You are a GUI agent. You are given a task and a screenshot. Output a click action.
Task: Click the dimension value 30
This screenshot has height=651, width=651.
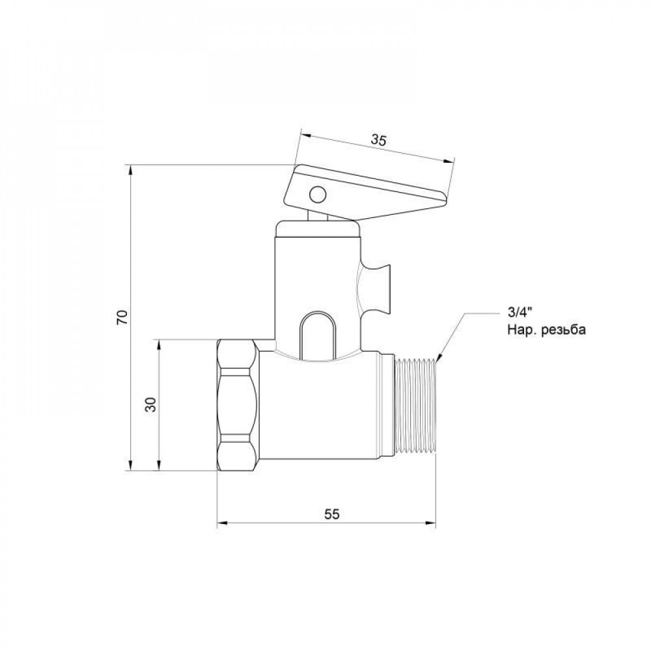click(150, 404)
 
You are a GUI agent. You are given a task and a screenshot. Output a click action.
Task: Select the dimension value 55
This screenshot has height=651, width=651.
click(331, 514)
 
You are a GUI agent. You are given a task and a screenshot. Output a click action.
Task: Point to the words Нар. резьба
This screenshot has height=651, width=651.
click(546, 330)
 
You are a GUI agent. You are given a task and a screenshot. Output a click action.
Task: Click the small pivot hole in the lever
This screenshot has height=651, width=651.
click(317, 194)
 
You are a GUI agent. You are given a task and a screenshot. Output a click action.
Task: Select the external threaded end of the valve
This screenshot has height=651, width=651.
click(417, 404)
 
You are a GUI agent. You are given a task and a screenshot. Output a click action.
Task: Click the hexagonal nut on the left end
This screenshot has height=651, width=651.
click(238, 405)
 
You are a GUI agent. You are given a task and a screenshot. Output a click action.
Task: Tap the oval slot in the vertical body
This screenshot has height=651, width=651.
click(316, 334)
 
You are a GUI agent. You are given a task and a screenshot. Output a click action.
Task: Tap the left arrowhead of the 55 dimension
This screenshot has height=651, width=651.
click(221, 522)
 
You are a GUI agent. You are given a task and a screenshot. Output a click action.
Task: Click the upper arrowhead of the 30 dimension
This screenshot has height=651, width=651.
click(158, 343)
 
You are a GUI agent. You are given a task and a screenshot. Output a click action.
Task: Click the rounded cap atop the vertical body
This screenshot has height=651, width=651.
click(317, 229)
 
